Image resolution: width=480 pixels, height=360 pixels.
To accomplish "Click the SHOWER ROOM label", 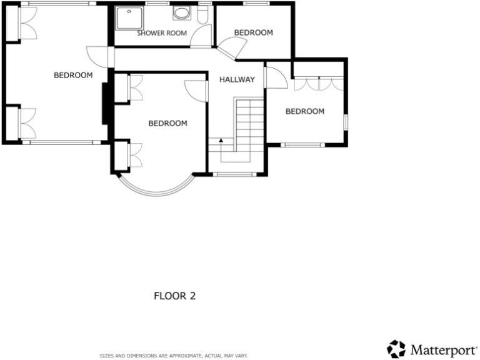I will click(162, 33).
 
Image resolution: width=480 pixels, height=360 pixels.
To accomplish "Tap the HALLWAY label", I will click(237, 79).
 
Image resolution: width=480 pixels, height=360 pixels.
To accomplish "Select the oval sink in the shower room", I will click(182, 14).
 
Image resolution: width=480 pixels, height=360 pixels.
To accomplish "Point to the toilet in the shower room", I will click(202, 16).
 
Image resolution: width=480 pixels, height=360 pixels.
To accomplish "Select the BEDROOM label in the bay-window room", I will click(167, 123).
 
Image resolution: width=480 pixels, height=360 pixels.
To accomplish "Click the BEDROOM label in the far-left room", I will click(73, 75).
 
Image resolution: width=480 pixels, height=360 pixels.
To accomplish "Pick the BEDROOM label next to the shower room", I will click(253, 32).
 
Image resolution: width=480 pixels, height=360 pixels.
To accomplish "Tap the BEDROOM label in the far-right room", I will click(305, 111).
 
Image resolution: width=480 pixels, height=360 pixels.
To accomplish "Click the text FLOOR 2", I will click(175, 296).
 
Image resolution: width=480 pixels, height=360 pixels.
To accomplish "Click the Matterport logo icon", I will click(396, 349).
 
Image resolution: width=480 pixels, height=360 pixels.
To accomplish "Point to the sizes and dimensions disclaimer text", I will click(174, 356).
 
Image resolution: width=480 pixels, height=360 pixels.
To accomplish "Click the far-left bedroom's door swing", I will click(99, 56).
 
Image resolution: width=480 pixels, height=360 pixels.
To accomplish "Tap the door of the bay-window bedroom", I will click(196, 90).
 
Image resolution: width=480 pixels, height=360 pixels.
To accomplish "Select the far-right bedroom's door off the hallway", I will click(276, 77).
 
